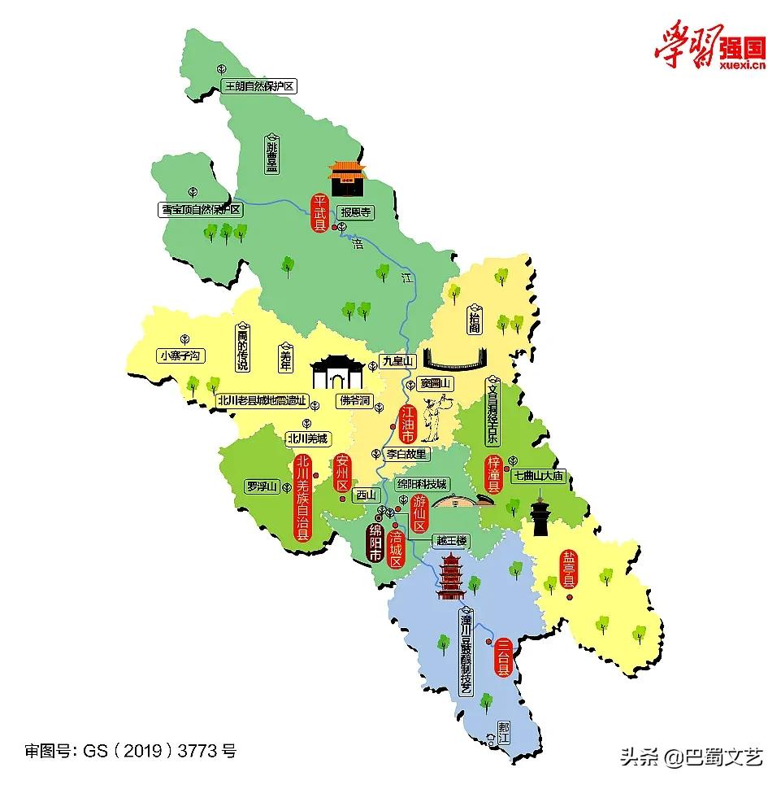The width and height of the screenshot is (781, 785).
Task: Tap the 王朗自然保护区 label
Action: click(258, 86)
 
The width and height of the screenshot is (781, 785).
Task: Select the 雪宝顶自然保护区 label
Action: click(201, 209)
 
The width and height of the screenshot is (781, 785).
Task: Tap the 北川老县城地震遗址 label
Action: click(263, 399)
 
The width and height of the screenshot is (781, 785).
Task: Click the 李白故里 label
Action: click(406, 454)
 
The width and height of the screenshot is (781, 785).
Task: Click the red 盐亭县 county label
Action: click(569, 569)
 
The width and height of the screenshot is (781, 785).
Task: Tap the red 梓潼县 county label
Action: click(492, 475)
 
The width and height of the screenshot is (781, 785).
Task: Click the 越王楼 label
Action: click(452, 540)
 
